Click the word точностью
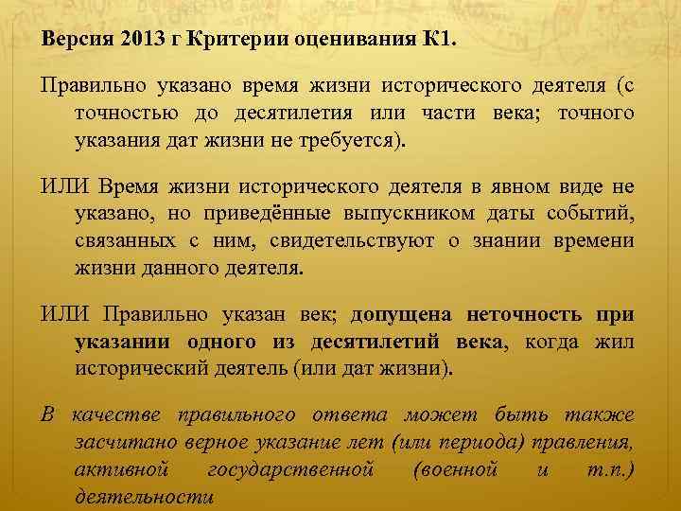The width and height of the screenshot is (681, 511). click(x=120, y=115)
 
